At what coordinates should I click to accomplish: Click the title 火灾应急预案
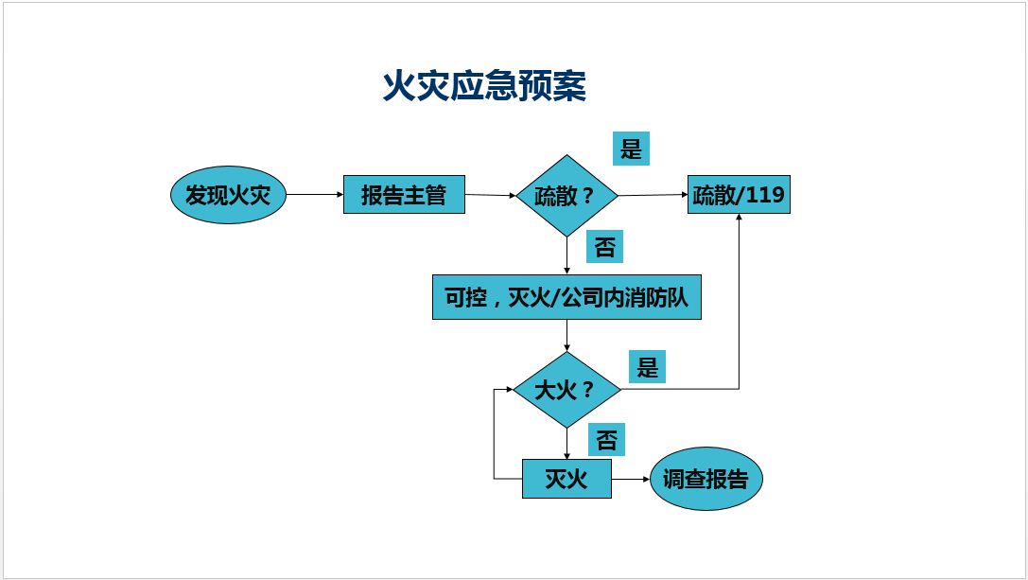click(484, 86)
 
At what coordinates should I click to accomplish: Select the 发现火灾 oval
click(227, 196)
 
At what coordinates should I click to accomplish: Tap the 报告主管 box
click(404, 195)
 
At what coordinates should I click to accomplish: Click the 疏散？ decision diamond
click(566, 196)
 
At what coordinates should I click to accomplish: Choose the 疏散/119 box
click(738, 195)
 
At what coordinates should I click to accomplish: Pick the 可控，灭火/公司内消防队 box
click(566, 297)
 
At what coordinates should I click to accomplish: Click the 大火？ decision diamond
click(566, 390)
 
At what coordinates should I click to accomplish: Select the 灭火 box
click(566, 479)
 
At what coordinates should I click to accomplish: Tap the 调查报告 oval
click(706, 480)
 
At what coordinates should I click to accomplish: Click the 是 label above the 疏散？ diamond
click(630, 149)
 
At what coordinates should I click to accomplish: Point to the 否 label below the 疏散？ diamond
click(605, 247)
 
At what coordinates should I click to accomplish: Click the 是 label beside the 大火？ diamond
click(647, 366)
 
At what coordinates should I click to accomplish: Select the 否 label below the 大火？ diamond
click(607, 440)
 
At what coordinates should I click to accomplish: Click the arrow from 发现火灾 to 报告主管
click(314, 195)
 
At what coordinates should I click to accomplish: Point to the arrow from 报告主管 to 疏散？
click(490, 196)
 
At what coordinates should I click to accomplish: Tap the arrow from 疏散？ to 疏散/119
click(653, 195)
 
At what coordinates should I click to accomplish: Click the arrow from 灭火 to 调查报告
click(631, 480)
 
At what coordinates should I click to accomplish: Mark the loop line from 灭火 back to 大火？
click(495, 435)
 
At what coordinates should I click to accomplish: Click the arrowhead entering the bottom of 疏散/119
click(739, 220)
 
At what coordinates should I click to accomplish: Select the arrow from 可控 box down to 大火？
click(566, 335)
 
